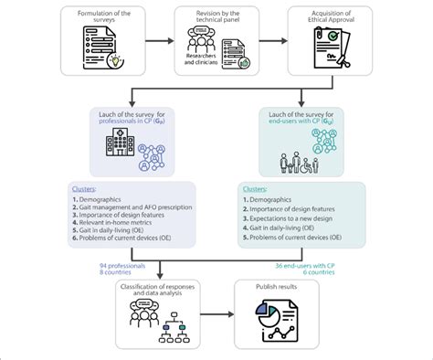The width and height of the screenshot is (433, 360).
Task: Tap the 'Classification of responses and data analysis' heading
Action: [x=157, y=291]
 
